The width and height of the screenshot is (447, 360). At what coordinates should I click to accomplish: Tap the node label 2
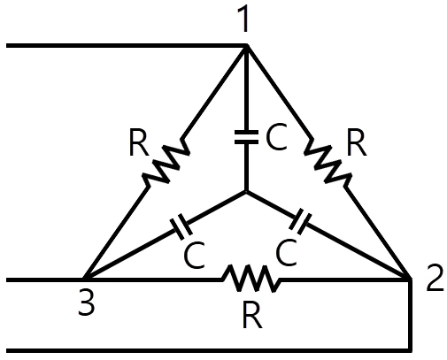pos(435,279)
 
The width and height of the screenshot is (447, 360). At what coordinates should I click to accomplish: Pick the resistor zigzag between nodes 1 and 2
pos(328,163)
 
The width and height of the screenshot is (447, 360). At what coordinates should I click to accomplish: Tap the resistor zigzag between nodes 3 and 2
pos(250,278)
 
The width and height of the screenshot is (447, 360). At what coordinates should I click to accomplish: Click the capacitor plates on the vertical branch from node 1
pos(246,137)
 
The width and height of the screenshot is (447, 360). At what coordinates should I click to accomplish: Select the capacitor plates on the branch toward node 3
pos(181,226)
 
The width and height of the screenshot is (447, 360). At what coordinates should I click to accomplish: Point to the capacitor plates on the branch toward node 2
pos(300,222)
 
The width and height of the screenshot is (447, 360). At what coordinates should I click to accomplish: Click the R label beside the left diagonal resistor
pos(139,143)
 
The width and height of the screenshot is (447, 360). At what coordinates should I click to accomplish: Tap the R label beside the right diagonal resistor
pos(357,143)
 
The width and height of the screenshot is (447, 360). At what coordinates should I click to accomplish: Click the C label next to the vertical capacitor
pos(276,137)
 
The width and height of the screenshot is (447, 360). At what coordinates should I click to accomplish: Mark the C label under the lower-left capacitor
pos(194,255)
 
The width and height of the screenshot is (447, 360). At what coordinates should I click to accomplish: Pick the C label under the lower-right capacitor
pos(286,251)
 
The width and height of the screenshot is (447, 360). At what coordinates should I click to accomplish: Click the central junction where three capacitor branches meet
pos(246,192)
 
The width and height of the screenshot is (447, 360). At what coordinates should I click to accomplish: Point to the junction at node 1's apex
pos(247,46)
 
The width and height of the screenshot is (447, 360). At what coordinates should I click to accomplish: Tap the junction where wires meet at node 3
pos(85,279)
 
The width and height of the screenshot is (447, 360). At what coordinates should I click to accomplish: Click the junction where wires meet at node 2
pos(410,279)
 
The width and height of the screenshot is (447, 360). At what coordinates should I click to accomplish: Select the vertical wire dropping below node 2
pos(410,315)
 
